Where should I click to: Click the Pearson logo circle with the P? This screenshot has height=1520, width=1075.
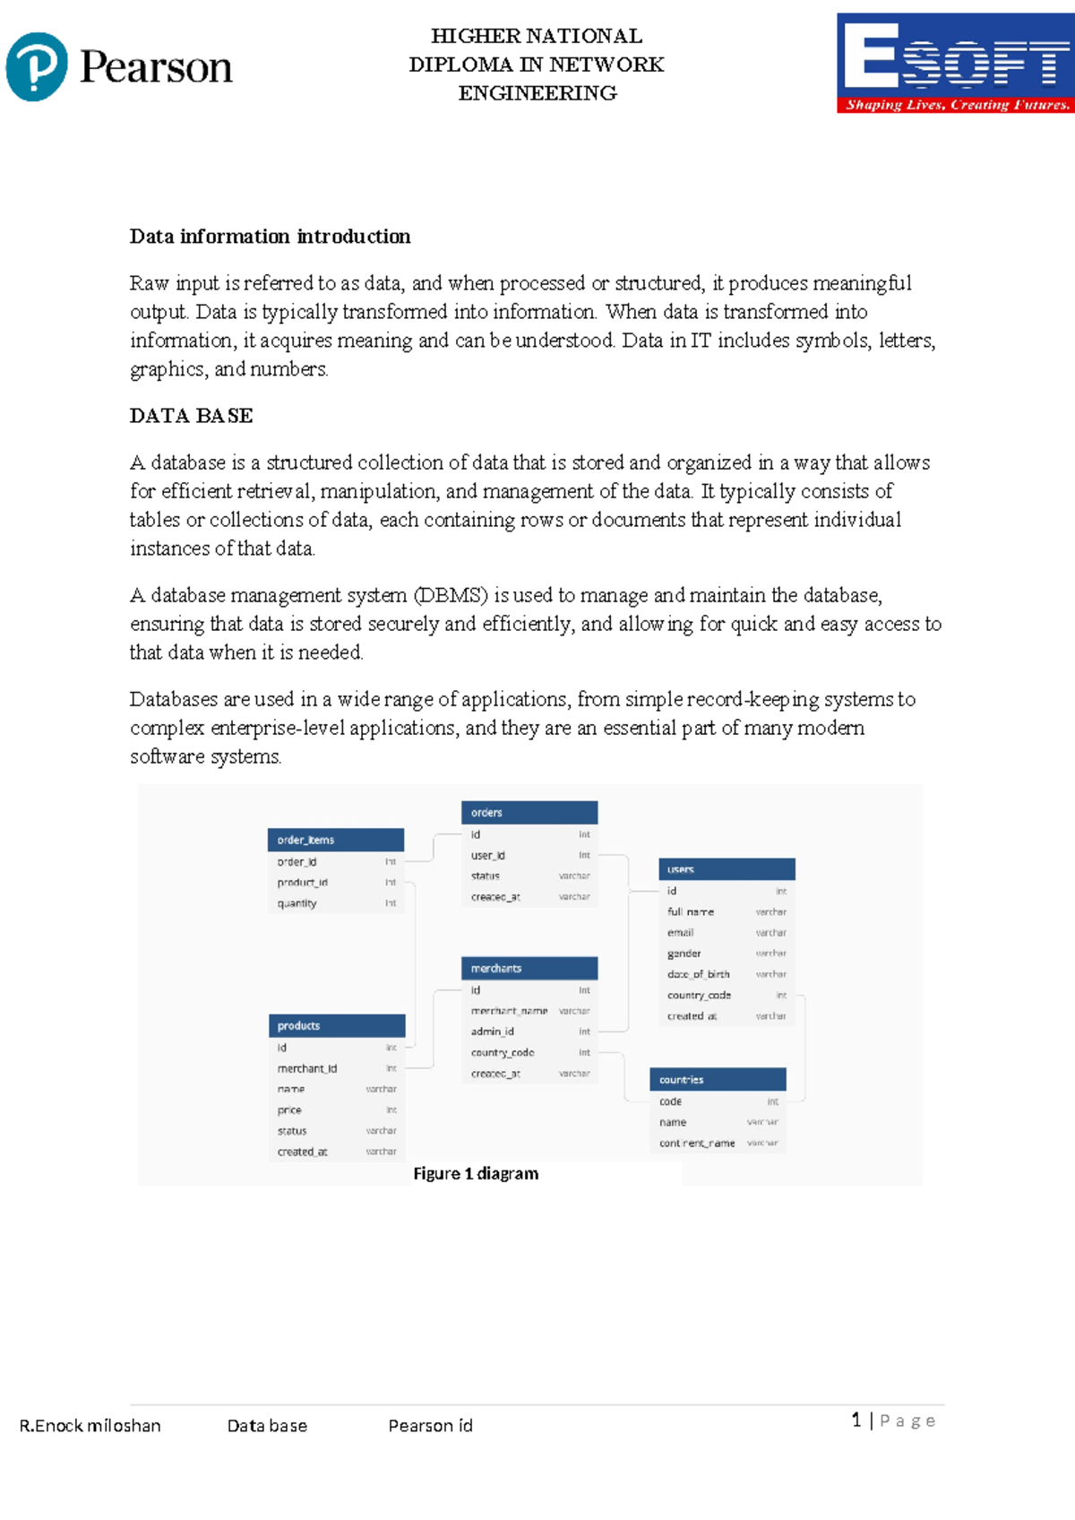37,66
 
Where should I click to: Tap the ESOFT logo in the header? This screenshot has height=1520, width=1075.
955,63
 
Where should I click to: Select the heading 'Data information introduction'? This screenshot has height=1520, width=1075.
270,237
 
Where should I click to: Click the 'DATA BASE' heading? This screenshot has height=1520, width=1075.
191,416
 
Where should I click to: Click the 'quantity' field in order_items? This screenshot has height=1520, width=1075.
297,903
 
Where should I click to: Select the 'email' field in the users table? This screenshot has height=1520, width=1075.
681,933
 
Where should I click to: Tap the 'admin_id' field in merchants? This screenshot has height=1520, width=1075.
493,1032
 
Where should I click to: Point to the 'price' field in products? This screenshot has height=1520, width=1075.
289,1110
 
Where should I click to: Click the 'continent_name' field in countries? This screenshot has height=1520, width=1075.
697,1144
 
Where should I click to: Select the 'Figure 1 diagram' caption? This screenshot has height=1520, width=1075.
476,1174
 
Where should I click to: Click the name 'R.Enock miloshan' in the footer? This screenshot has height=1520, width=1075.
90,1426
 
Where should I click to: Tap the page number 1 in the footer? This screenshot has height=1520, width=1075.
856,1420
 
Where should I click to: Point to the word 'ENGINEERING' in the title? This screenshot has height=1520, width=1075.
537,93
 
